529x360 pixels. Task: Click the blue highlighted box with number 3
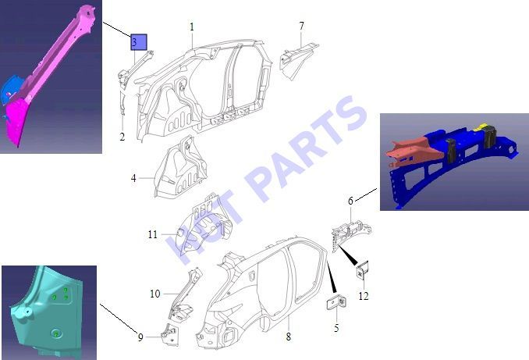pos(139,42)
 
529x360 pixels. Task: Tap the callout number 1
pos(192,27)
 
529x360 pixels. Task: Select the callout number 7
pos(301,26)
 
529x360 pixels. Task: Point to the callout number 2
pos(122,137)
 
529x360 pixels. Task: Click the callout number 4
pos(133,178)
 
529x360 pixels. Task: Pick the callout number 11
pos(153,234)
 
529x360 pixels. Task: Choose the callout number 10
pos(154,294)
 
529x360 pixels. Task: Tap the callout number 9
pos(140,337)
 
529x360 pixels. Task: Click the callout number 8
pos(288,337)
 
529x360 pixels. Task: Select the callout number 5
pos(336,328)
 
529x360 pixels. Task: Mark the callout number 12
pos(364,296)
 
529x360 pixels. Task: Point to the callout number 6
pos(350,201)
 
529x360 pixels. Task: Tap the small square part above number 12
pos(363,270)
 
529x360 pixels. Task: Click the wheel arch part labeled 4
pos(179,167)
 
